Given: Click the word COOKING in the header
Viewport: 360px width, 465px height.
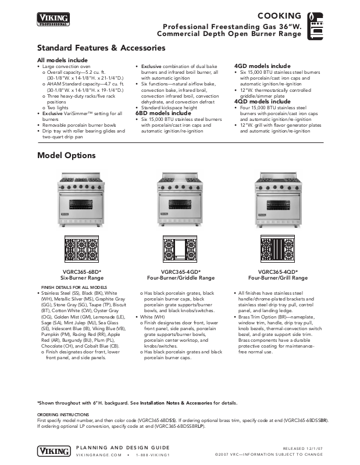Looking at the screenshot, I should click(x=281, y=16).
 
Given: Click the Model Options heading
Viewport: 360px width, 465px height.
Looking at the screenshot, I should click(x=66, y=155).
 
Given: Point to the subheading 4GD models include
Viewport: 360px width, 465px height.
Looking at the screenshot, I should click(x=262, y=66).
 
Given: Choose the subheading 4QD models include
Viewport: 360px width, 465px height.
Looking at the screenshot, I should click(x=262, y=102).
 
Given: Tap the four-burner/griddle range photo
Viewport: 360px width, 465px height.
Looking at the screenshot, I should click(x=180, y=201).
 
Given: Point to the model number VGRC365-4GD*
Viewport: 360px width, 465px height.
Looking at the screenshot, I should click(x=180, y=271).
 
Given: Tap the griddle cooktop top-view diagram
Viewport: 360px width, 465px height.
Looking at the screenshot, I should click(x=180, y=249).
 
